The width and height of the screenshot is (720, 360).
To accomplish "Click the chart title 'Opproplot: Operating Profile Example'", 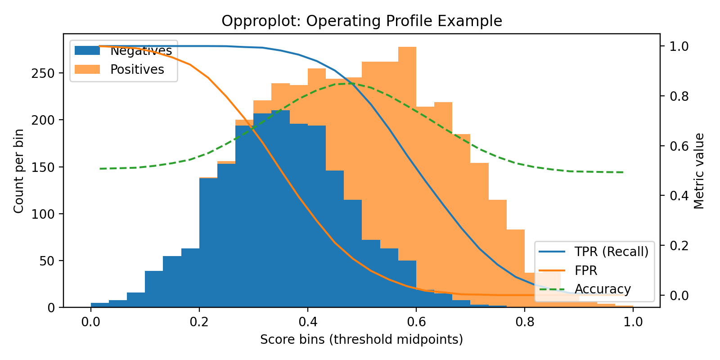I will point(361,21).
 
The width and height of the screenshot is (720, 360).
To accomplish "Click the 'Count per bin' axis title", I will point(18,171).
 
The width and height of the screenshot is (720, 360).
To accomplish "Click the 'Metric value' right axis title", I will point(698,171).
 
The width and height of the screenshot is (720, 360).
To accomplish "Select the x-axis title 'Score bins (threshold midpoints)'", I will point(361,339).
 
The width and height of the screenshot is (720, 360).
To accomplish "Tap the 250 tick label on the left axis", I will point(43,73).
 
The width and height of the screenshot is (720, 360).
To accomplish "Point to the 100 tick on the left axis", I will point(43,214).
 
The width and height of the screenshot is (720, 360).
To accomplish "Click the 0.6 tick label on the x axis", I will point(416,322).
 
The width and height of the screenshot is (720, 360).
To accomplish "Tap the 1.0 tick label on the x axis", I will point(633,322).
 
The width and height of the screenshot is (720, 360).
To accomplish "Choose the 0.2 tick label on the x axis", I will point(199,322).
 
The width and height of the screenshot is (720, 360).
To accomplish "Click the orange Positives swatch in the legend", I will point(87,69).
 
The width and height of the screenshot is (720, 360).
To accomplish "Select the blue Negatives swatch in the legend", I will point(87,50).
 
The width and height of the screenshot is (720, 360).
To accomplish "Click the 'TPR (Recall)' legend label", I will point(612,252).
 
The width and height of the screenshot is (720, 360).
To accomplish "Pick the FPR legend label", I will point(586,270).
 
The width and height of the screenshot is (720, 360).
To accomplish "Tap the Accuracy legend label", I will point(603,289).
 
